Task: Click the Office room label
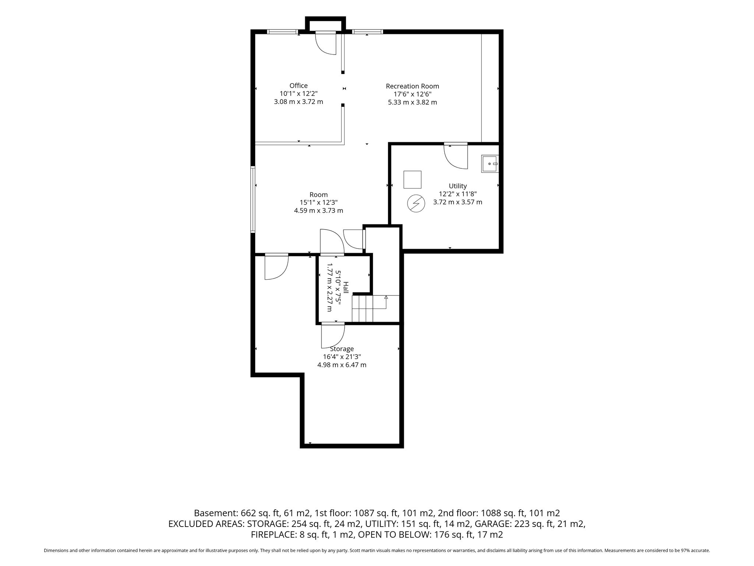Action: (298, 86)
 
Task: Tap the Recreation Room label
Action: (412, 86)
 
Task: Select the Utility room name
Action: (458, 186)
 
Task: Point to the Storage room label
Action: (342, 349)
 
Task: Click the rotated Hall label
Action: (346, 287)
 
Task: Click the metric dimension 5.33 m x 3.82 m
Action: (412, 102)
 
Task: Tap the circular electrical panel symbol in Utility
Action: (416, 204)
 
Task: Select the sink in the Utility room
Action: (490, 164)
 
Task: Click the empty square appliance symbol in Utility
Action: (412, 179)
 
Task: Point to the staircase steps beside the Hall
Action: (363, 309)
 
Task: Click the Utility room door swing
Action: (456, 156)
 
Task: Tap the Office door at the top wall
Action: (326, 43)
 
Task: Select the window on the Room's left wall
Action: (253, 199)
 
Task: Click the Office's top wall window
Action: (282, 32)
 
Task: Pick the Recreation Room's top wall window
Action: (367, 32)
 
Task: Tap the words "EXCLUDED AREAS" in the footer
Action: (206, 524)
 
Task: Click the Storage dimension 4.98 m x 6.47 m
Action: (342, 365)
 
